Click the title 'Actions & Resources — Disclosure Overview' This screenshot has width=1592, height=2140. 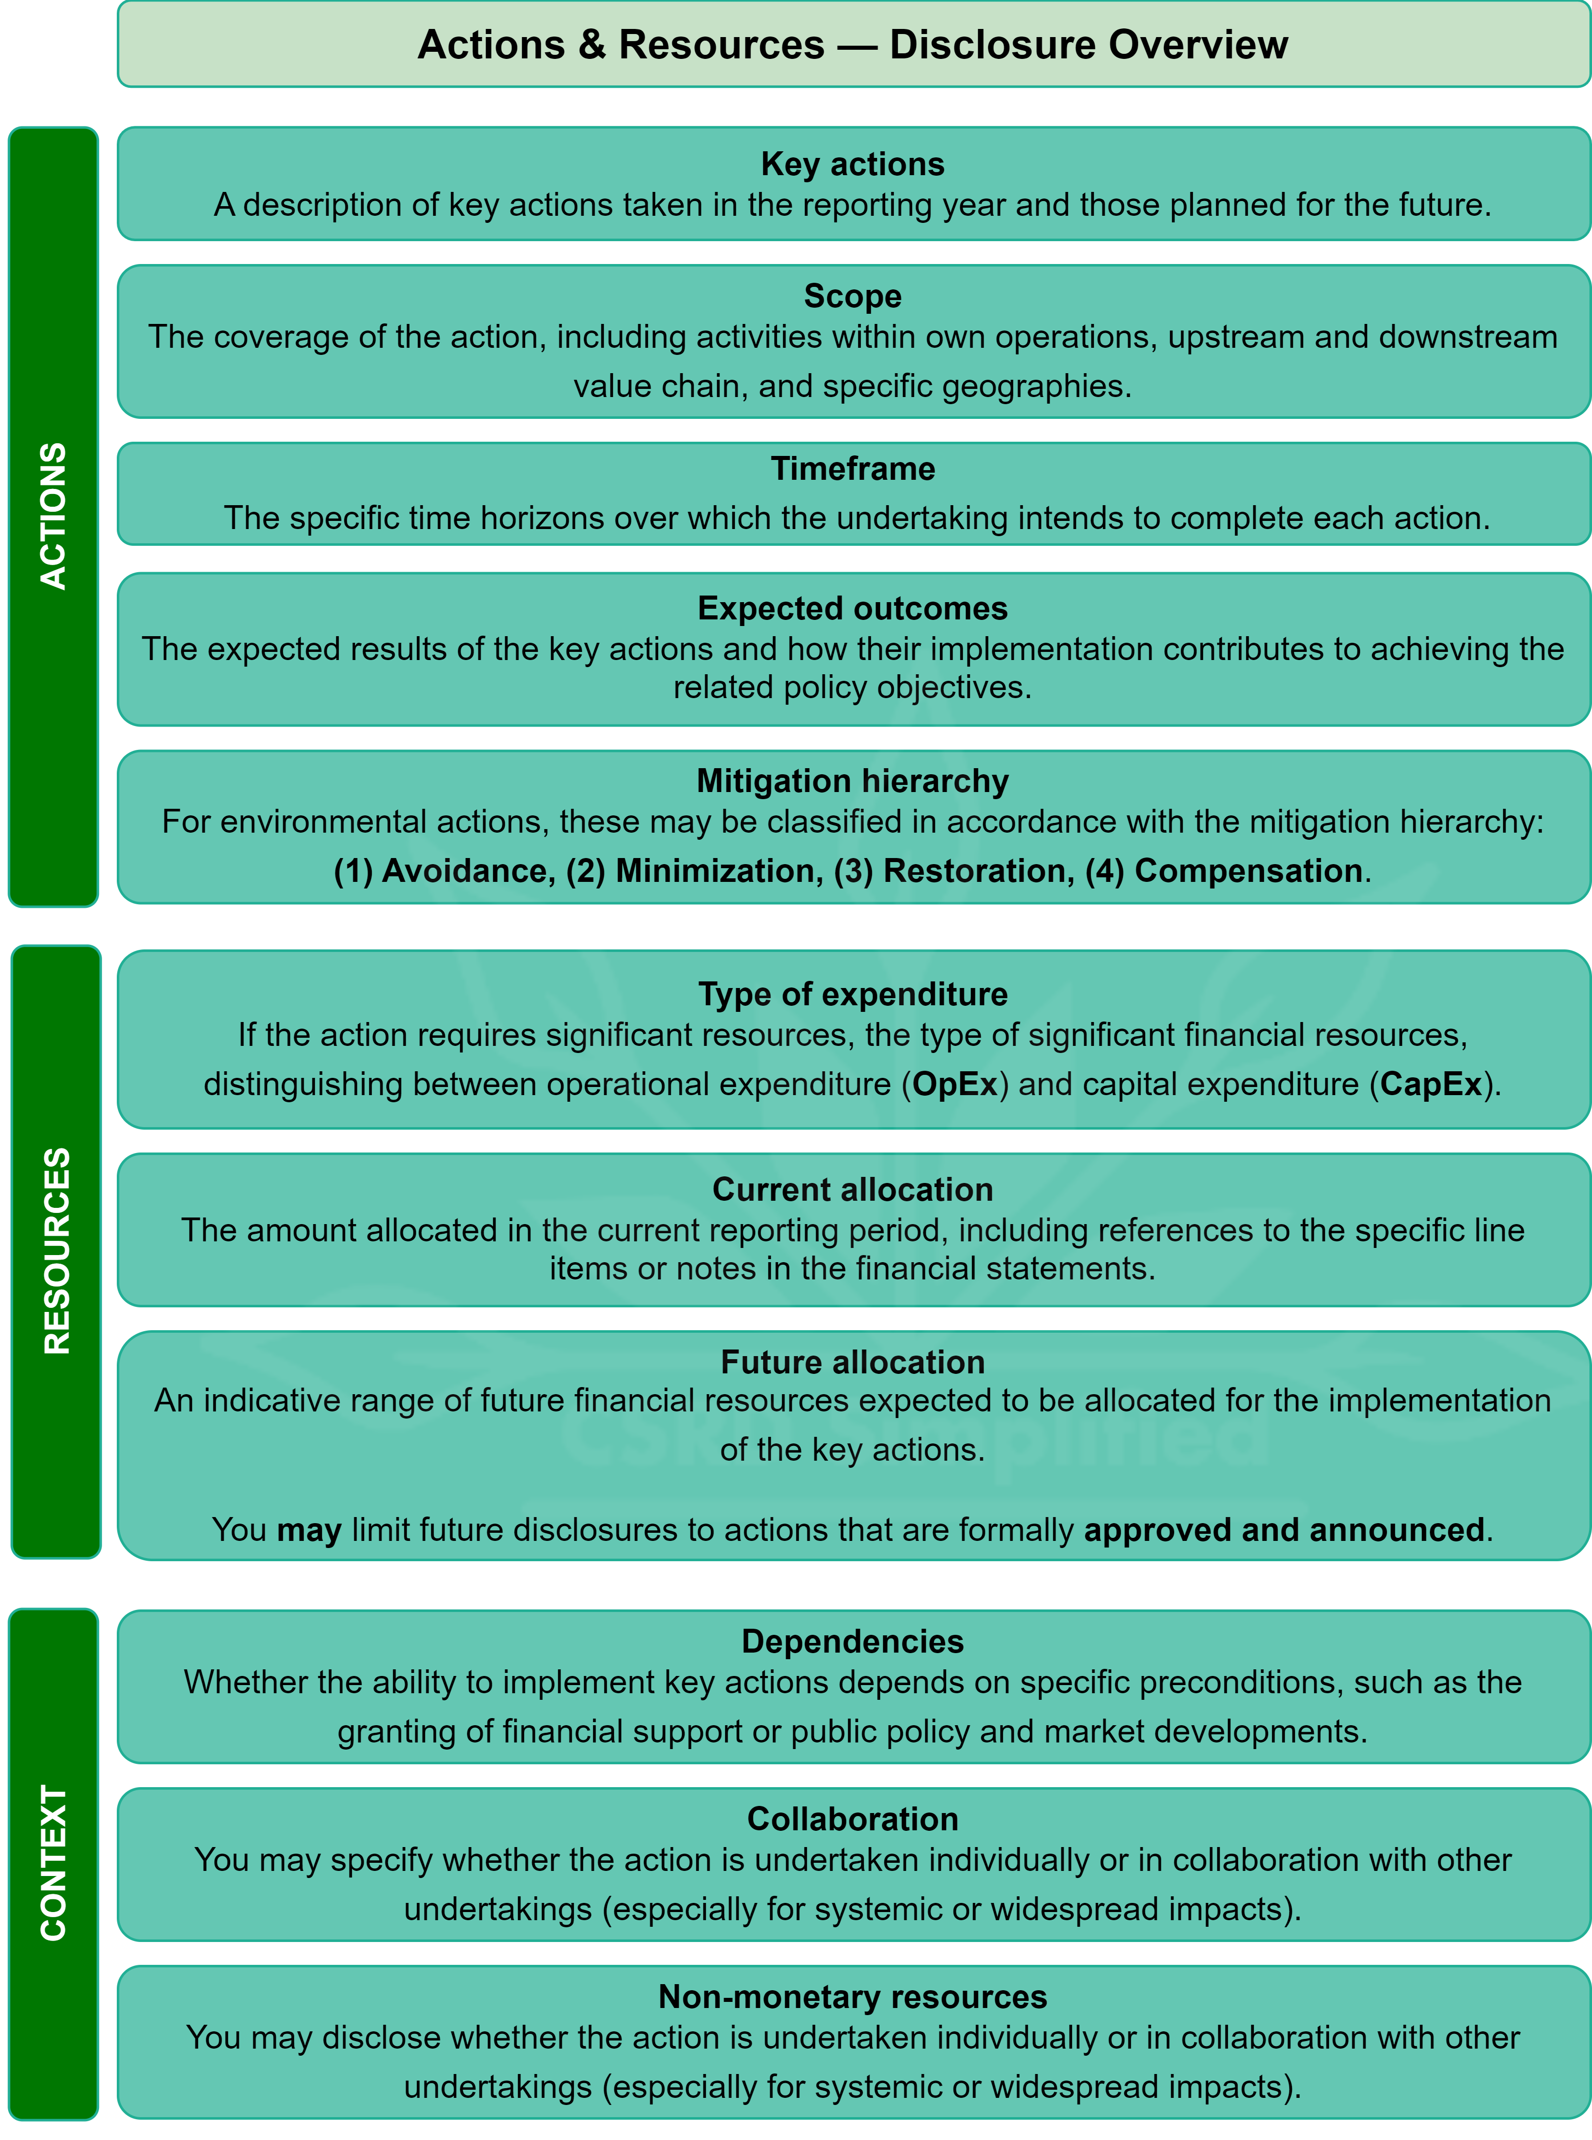[x=852, y=44]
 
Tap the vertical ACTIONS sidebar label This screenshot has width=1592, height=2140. [x=53, y=516]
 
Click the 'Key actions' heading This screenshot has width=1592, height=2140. [x=852, y=164]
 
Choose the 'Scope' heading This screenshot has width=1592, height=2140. [x=852, y=296]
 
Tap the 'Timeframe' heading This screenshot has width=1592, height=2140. [x=852, y=468]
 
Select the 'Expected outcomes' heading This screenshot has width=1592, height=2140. [x=852, y=608]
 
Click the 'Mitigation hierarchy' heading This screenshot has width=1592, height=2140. [x=852, y=780]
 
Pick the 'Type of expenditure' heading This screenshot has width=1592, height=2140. [x=852, y=994]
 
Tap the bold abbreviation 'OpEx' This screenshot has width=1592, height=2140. [x=954, y=1084]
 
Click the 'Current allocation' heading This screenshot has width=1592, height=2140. [x=852, y=1189]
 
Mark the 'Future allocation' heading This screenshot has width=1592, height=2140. [x=852, y=1362]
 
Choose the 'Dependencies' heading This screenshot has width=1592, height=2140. [x=852, y=1641]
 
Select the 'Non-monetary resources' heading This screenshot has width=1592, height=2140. [x=852, y=1996]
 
